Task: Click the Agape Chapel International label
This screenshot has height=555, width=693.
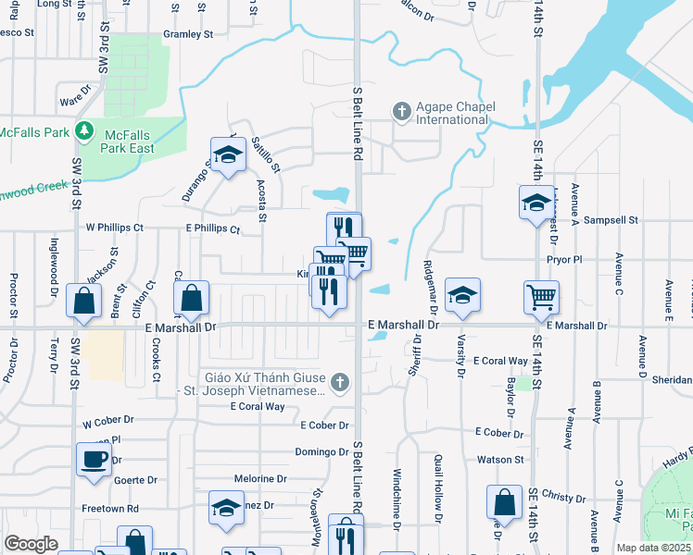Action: (450, 113)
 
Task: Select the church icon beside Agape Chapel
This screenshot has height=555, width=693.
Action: (401, 113)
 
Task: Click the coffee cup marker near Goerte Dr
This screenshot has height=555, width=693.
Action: (93, 460)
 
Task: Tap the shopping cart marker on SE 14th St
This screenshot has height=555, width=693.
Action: (541, 297)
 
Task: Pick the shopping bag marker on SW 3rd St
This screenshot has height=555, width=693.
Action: (84, 301)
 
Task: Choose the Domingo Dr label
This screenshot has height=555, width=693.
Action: (322, 451)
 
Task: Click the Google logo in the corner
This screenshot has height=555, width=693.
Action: (31, 544)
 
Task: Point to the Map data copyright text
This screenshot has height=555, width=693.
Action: (653, 548)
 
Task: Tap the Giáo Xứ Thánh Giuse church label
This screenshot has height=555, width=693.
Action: (267, 384)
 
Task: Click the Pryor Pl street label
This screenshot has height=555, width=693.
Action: (563, 260)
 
